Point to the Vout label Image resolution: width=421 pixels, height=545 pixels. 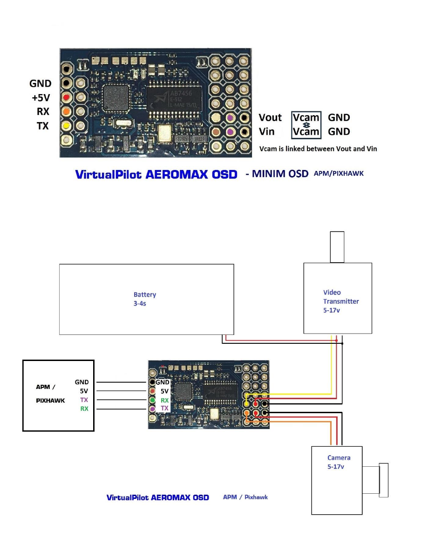(270, 117)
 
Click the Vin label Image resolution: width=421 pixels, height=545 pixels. (267, 132)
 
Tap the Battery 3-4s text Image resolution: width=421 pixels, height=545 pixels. (145, 299)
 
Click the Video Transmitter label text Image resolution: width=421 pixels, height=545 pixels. (341, 301)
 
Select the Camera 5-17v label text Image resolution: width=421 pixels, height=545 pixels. (339, 462)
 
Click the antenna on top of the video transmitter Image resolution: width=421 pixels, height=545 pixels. (337, 247)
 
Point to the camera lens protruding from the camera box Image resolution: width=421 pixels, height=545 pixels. (383, 480)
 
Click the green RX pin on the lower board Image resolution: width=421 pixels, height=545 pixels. (152, 400)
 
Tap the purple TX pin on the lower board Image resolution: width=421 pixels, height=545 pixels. (152, 409)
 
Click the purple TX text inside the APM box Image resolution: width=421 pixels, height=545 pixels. (84, 400)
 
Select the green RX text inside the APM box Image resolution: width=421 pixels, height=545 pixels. (84, 409)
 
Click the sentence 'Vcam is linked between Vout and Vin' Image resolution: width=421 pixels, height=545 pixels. (318, 149)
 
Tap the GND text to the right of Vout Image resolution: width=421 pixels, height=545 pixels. (339, 117)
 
